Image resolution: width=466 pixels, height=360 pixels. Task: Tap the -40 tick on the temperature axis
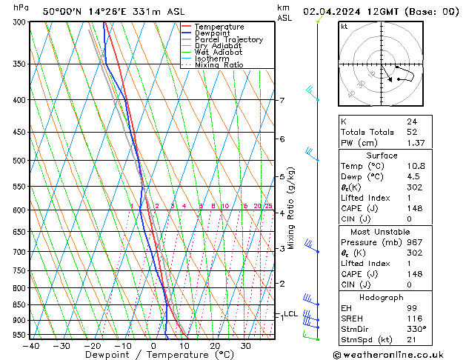31,345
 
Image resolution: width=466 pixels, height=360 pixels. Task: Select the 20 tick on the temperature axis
214,345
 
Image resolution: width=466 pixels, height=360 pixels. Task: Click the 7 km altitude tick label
282,100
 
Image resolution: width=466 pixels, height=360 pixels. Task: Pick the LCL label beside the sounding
290,314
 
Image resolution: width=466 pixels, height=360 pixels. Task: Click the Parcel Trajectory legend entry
228,40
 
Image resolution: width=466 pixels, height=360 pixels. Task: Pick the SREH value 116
413,319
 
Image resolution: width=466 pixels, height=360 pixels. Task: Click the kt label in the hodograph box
344,27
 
